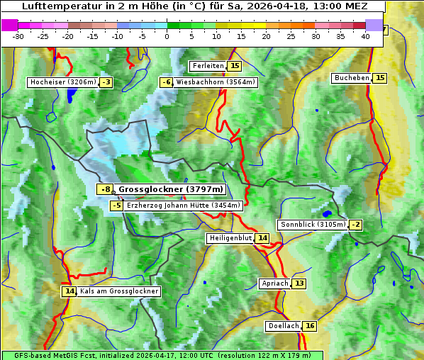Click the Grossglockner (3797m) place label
tap(171, 189)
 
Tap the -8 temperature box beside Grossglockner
tap(105, 189)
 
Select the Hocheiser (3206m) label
tap(62, 82)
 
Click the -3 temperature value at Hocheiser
tap(106, 82)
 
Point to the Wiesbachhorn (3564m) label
tap(216, 82)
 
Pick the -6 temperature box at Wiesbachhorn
tap(167, 82)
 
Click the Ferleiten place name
tap(208, 66)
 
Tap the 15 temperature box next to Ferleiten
tap(235, 66)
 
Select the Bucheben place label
tap(352, 78)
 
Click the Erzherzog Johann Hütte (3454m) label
tap(184, 206)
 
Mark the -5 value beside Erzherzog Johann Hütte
tap(117, 206)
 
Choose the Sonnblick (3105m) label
tap(313, 225)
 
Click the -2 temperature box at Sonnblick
tap(355, 225)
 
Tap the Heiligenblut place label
tap(230, 238)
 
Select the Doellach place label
tap(284, 326)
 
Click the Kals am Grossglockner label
tap(118, 291)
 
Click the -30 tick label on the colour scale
tap(18, 36)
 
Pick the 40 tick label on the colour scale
tap(365, 36)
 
